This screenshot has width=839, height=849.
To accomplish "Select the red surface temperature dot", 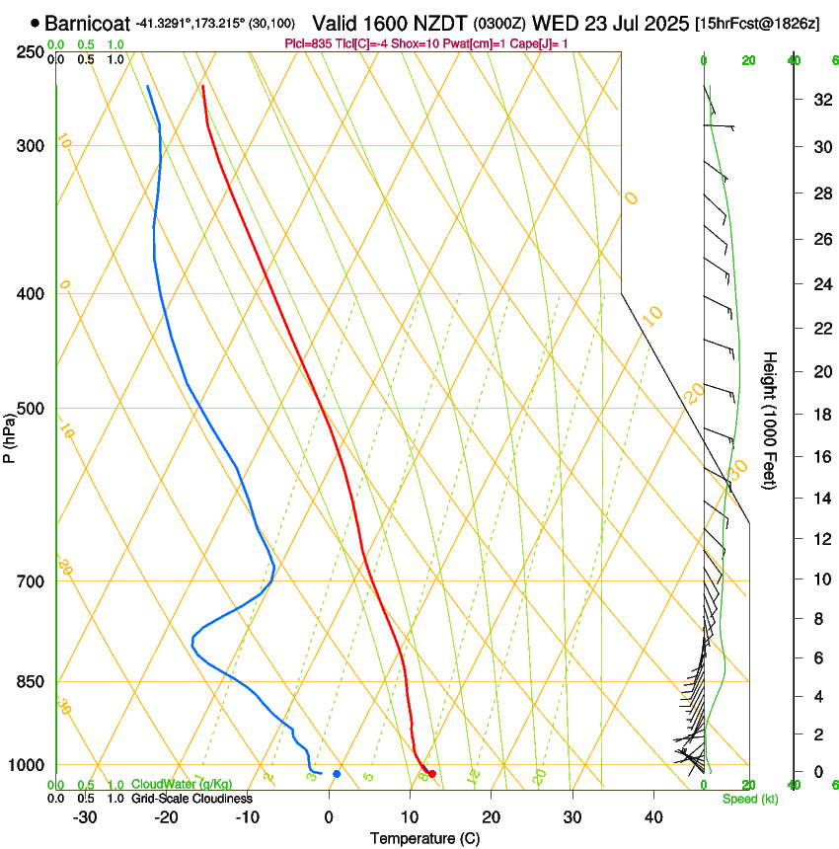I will pos(432,773).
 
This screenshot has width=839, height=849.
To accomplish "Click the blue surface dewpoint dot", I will pos(337,773).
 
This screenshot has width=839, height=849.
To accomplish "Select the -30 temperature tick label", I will pos(85,817).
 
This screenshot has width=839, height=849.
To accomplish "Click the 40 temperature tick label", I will pos(652,817).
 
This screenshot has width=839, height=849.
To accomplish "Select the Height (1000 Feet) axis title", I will pos(770,421).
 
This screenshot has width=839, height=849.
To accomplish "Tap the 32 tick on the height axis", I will pos(819,99).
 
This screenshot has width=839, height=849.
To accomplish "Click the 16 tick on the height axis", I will pos(819,457).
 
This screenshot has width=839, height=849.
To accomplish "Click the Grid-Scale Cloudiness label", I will pos(191,798).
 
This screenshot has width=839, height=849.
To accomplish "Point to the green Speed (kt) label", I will pos(749,799).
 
